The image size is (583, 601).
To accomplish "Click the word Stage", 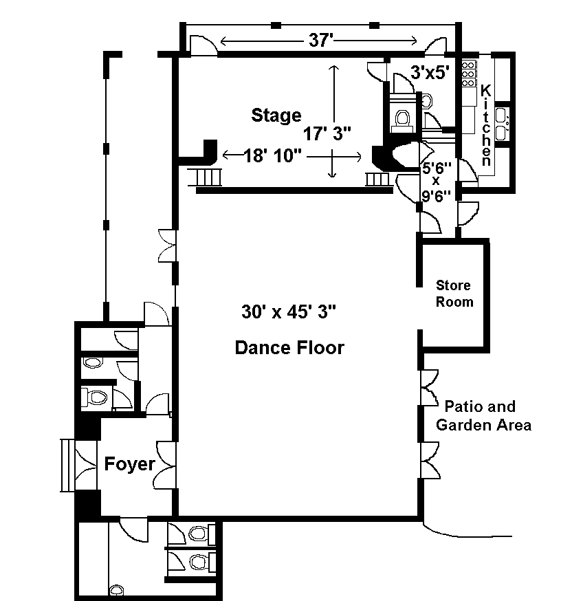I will pyautogui.click(x=276, y=115).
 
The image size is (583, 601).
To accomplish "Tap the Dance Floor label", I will pyautogui.click(x=289, y=348).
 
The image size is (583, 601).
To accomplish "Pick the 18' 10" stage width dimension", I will pyautogui.click(x=273, y=156).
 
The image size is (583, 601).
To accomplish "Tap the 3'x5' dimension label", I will pyautogui.click(x=430, y=71).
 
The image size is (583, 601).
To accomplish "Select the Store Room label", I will pyautogui.click(x=454, y=294).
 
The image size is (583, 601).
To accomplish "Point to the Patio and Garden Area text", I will pyautogui.click(x=484, y=415).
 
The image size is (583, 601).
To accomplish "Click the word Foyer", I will pyautogui.click(x=129, y=464).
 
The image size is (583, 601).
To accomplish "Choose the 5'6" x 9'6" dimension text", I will pyautogui.click(x=436, y=180).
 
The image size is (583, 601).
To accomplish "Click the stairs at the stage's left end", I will pyautogui.click(x=208, y=178).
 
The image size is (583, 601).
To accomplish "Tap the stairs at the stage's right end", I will pyautogui.click(x=377, y=179).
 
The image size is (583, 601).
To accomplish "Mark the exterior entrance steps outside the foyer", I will pyautogui.click(x=67, y=466).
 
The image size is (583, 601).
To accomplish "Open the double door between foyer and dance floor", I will pyautogui.click(x=166, y=466).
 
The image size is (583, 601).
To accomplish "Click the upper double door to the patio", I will pyautogui.click(x=429, y=387).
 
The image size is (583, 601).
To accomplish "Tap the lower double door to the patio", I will pyautogui.click(x=430, y=461).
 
